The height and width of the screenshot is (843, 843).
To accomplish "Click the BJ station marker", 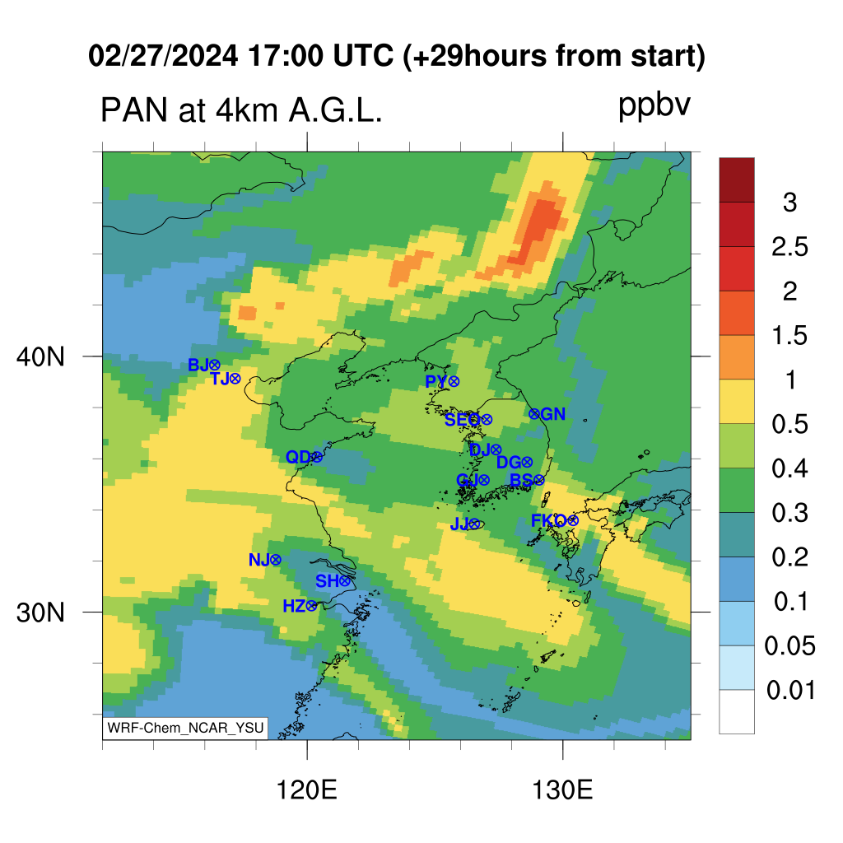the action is [215, 366].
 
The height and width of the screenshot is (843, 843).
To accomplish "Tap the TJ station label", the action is [219, 379].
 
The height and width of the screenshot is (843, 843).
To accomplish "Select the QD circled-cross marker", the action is [317, 457].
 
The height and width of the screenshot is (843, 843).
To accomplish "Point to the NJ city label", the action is [258, 560].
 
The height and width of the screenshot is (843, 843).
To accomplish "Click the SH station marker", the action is [345, 580].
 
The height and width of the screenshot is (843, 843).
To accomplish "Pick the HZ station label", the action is [294, 607].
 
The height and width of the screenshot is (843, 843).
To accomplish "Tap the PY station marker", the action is [454, 382].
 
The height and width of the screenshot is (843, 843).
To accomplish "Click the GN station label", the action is [552, 414].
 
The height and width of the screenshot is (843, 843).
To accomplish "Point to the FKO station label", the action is [548, 520].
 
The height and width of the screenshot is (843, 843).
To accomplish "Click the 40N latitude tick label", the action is [40, 356].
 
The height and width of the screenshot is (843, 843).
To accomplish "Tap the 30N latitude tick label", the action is [40, 612].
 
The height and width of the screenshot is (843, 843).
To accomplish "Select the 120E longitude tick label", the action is [306, 790].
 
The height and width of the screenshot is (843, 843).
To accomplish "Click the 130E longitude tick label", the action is [562, 790].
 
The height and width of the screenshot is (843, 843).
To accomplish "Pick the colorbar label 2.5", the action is [789, 247].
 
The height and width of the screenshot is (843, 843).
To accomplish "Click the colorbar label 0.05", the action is [789, 645].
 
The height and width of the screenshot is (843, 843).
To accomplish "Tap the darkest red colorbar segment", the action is [737, 180].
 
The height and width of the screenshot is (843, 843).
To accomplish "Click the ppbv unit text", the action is [654, 106].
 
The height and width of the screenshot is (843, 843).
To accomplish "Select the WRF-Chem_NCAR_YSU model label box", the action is [185, 728].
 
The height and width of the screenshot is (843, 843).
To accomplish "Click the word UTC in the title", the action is [363, 55].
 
